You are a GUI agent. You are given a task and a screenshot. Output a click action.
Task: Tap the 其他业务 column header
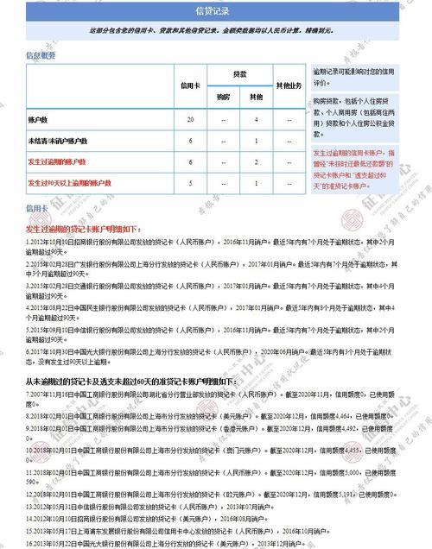[x=288, y=86]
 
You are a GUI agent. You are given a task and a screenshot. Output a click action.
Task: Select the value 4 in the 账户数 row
[x=256, y=118]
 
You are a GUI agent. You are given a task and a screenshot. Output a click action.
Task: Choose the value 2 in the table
[x=256, y=161]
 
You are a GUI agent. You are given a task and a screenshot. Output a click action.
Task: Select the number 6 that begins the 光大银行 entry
[x=28, y=351]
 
